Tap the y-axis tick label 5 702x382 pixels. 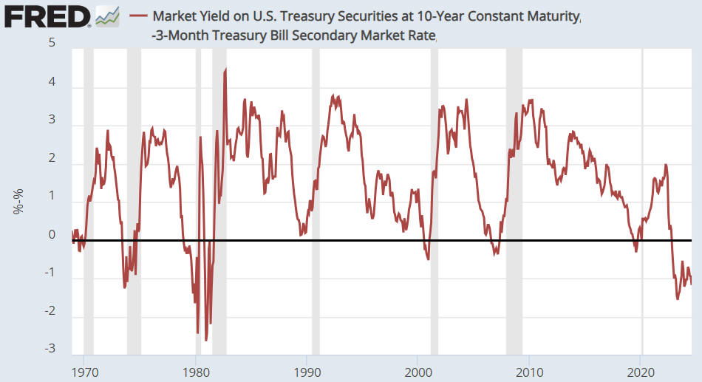[52, 42]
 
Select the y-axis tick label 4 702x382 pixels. [52, 82]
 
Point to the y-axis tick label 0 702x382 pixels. [52, 235]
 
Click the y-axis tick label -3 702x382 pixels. [50, 349]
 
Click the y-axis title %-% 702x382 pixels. [18, 200]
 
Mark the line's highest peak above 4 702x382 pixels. [225, 69]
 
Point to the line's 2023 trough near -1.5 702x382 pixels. [678, 299]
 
